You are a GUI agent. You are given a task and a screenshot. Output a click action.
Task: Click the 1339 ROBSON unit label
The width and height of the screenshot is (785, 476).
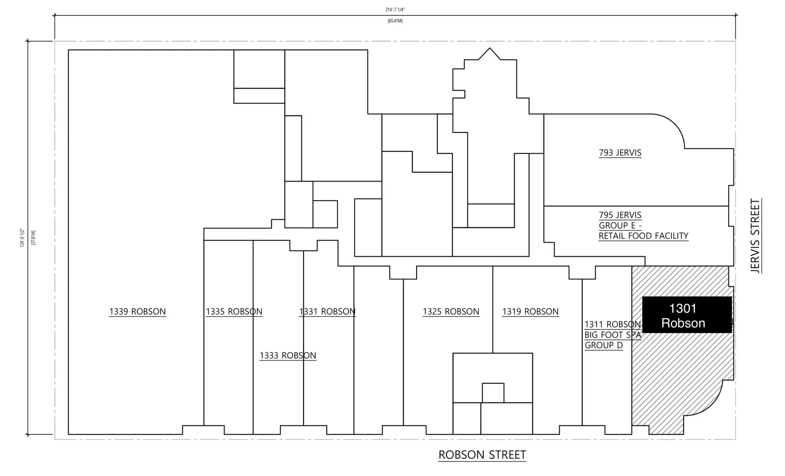click(x=137, y=312)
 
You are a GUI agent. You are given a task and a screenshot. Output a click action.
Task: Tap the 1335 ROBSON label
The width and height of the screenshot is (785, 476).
click(x=234, y=312)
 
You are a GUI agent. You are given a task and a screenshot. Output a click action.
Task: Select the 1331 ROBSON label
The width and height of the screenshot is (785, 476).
click(x=327, y=312)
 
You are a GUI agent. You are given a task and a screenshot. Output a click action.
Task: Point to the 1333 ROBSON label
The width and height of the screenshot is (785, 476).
click(x=288, y=355)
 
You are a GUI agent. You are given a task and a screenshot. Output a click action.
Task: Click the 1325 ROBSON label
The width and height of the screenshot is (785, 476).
click(x=451, y=312)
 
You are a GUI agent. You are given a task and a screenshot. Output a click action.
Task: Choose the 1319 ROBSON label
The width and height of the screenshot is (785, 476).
click(x=530, y=312)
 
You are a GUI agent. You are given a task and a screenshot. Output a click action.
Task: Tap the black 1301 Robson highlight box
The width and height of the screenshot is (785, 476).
click(x=687, y=315)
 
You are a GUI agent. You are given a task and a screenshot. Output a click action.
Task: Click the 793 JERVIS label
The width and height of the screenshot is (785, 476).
click(x=620, y=153)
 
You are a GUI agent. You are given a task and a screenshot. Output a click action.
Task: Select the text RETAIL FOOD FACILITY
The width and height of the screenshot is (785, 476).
click(x=643, y=236)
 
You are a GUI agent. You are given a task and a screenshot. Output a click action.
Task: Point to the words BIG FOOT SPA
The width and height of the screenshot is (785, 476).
click(x=612, y=335)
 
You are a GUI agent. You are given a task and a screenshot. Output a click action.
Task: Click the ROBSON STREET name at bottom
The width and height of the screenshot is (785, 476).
click(x=482, y=455)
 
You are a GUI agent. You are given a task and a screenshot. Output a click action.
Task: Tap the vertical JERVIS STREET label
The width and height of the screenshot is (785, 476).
click(x=755, y=236)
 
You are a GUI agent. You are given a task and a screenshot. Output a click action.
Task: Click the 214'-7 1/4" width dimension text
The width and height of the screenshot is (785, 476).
click(x=395, y=10)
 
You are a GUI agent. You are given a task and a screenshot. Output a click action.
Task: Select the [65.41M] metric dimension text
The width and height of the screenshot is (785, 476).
click(x=395, y=21)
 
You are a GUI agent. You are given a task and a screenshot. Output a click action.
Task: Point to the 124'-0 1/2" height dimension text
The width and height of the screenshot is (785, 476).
click(x=23, y=238)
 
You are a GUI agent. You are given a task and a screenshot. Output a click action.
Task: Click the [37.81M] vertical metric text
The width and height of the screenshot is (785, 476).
click(x=34, y=238)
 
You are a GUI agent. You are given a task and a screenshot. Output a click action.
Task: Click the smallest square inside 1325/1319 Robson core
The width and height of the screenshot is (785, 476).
click(x=493, y=393)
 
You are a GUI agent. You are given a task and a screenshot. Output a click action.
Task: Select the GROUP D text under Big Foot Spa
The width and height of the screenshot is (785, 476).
click(x=603, y=345)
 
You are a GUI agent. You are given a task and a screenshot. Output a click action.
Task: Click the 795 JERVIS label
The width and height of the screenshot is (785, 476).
click(x=620, y=215)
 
